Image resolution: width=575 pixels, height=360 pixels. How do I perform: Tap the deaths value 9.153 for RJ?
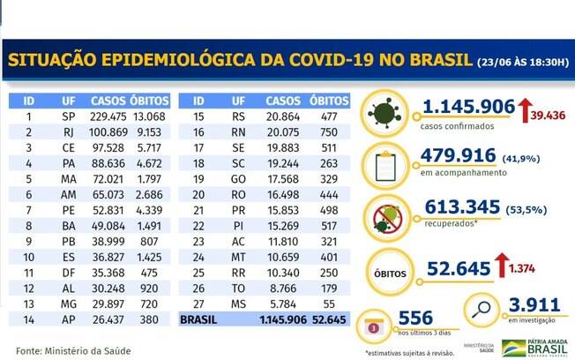click(x=153, y=132)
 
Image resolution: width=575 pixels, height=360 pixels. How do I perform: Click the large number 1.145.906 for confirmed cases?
click(x=468, y=108)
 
